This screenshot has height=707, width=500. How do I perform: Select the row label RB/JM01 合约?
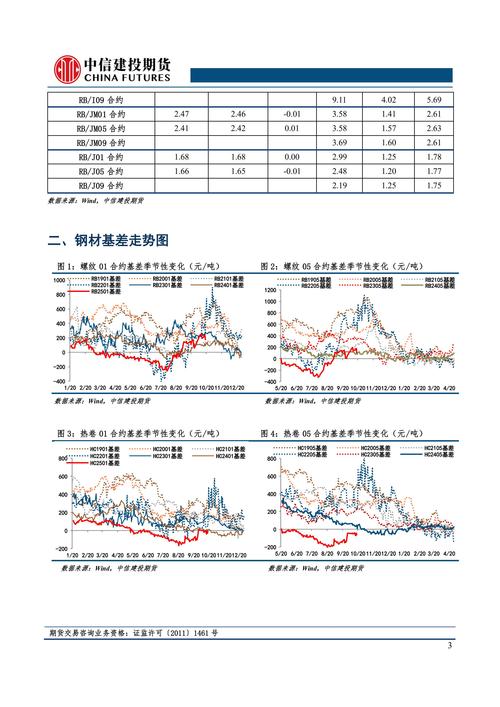pos(103,115)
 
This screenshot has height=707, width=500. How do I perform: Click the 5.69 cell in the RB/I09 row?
pos(433,100)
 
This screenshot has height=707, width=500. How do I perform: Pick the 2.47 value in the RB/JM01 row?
pos(182,115)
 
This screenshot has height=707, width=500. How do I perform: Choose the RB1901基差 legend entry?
pos(103,278)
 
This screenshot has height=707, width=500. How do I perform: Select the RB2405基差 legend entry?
pos(438,286)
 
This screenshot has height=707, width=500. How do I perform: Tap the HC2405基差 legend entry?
pos(438,455)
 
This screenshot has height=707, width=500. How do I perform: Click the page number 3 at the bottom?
pos(450,645)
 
